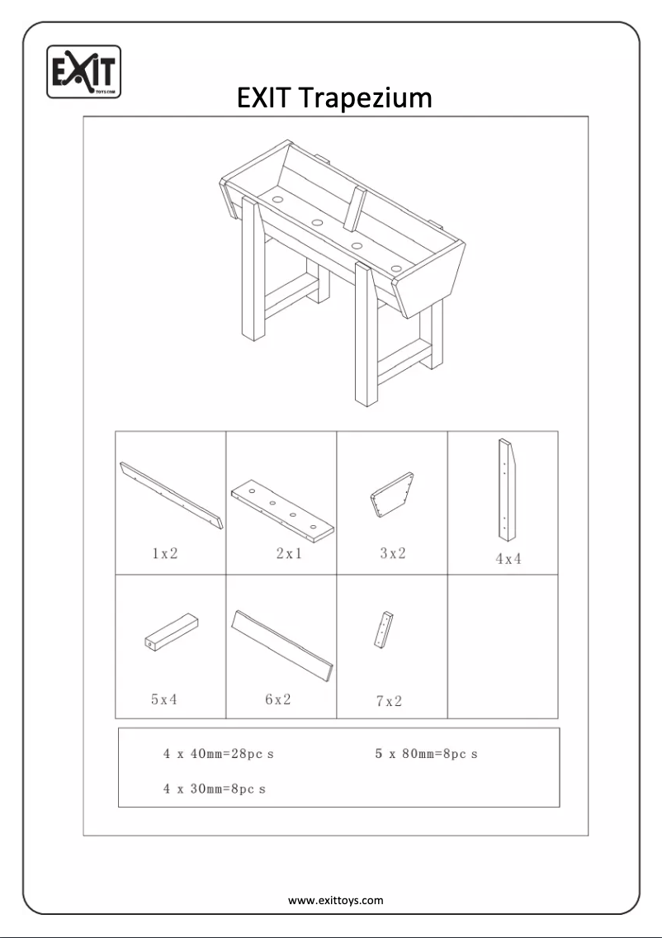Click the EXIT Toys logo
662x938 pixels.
(x=84, y=72)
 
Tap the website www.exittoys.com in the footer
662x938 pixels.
(x=335, y=900)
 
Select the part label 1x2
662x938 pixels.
(x=165, y=554)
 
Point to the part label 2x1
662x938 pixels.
(x=289, y=554)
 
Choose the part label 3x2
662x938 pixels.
(x=393, y=553)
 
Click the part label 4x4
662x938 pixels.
(x=508, y=559)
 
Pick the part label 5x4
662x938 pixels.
(x=164, y=699)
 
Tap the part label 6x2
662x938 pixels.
(x=278, y=699)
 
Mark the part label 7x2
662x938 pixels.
(x=389, y=701)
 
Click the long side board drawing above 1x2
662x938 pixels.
(x=172, y=495)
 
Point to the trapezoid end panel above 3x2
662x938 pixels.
(x=392, y=495)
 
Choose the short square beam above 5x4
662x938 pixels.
(x=173, y=632)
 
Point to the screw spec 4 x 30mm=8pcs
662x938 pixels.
(x=215, y=789)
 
